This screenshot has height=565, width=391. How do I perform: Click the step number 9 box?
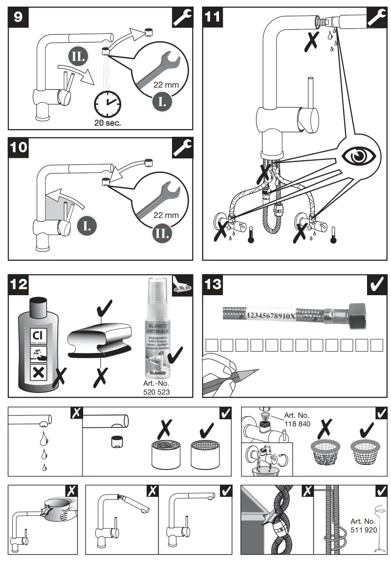[18, 16]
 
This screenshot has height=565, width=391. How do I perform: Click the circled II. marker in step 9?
[77, 58]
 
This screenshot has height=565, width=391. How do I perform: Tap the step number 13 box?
[212, 284]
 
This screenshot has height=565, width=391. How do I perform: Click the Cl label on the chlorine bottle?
[37, 336]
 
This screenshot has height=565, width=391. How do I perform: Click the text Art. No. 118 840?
[297, 419]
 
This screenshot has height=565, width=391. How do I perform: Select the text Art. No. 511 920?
[362, 525]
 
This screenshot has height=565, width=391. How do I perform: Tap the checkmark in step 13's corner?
[376, 284]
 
